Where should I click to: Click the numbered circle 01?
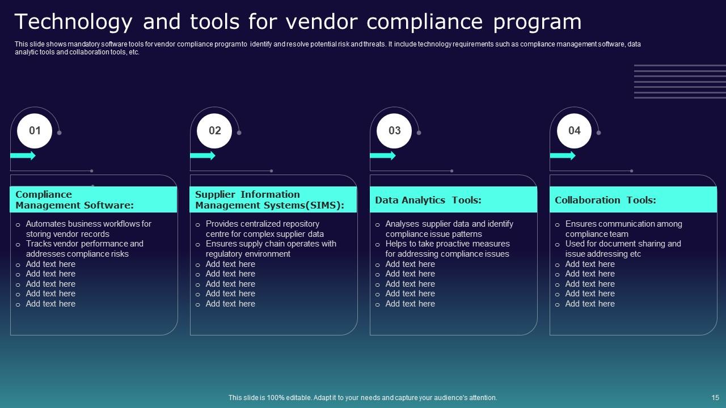(x=35, y=130)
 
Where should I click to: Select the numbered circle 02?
(x=215, y=130)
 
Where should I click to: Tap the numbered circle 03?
(x=395, y=130)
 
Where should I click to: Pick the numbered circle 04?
(x=575, y=130)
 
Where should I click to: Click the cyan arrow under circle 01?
(x=23, y=155)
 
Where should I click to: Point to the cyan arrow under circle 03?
(x=383, y=155)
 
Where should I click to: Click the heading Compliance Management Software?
(x=74, y=200)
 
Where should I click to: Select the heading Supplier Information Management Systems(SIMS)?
(x=269, y=200)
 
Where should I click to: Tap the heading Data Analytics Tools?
(x=428, y=200)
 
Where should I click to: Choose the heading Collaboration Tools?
(x=605, y=200)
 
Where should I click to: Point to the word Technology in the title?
(x=74, y=22)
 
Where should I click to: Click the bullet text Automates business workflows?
(x=88, y=229)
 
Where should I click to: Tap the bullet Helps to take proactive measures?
(x=447, y=249)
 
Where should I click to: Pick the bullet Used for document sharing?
(x=623, y=249)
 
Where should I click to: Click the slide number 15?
(x=715, y=398)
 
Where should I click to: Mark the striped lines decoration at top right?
(x=679, y=82)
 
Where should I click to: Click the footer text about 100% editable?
(x=363, y=398)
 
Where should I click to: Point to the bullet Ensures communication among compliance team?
(x=623, y=229)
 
